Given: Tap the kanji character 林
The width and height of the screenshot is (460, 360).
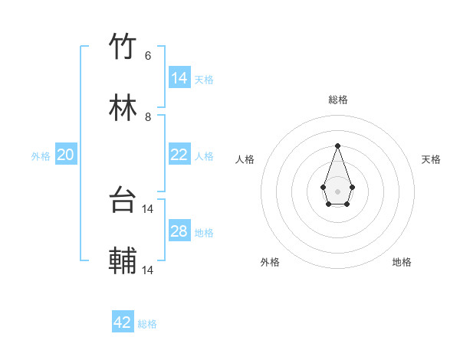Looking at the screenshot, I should tap(123, 109).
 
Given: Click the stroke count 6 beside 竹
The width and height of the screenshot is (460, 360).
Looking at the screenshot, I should tap(148, 56).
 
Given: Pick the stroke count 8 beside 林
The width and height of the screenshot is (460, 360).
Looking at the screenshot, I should tap(148, 117).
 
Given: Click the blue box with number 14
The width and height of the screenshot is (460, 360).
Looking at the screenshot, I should tap(179, 78).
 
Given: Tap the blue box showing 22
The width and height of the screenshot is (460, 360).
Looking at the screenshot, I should tap(179, 155).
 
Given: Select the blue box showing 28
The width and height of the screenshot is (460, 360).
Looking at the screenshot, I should tap(179, 231).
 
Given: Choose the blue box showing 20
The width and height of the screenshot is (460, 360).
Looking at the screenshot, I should tap(66, 155).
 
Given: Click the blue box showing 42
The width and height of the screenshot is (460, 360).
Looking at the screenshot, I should tap(123, 322).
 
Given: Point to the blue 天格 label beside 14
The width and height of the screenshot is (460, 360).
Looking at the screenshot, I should tap(204, 80).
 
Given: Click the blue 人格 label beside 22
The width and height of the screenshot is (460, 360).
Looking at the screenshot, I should tap(204, 156).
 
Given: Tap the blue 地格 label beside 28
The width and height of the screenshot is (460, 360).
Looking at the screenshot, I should tap(204, 233).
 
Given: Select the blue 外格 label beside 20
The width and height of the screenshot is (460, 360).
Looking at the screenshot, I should tap(41, 156).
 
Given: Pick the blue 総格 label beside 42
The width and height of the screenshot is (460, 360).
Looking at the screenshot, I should tap(147, 324).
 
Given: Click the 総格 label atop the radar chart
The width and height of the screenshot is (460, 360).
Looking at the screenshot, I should tap(337, 100).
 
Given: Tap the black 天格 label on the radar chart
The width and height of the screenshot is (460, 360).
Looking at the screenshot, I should tap(431, 159).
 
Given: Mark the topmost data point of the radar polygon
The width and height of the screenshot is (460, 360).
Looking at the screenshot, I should tap(337, 146).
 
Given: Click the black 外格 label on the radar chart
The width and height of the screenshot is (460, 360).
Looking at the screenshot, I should tap(270, 262).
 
